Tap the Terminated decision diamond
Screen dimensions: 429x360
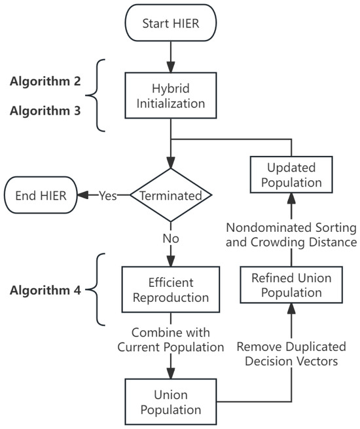point(171,195)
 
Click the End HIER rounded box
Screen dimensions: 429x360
point(39,195)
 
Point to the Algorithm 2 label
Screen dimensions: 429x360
point(45,84)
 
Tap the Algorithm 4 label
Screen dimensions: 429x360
point(45,289)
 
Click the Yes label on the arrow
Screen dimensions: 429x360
point(109,195)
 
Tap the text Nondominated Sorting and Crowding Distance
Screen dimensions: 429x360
point(291,234)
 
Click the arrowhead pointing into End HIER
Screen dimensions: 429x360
point(82,195)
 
